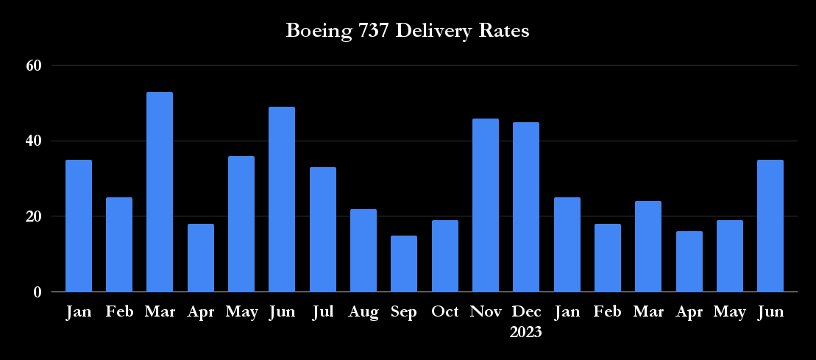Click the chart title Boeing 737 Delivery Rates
pyautogui.click(x=408, y=32)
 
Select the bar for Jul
pyautogui.click(x=322, y=230)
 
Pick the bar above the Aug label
pyautogui.click(x=363, y=250)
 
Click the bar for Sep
pyautogui.click(x=404, y=264)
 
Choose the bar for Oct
pyautogui.click(x=444, y=256)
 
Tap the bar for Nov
pyautogui.click(x=485, y=205)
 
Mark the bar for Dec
pyautogui.click(x=526, y=207)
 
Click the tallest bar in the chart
pyautogui.click(x=160, y=192)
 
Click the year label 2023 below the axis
pyautogui.click(x=526, y=332)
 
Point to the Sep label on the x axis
pyautogui.click(x=404, y=312)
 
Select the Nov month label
pyautogui.click(x=485, y=312)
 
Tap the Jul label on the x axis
pyautogui.click(x=322, y=312)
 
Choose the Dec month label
pyautogui.click(x=526, y=312)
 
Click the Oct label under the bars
pyautogui.click(x=444, y=312)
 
